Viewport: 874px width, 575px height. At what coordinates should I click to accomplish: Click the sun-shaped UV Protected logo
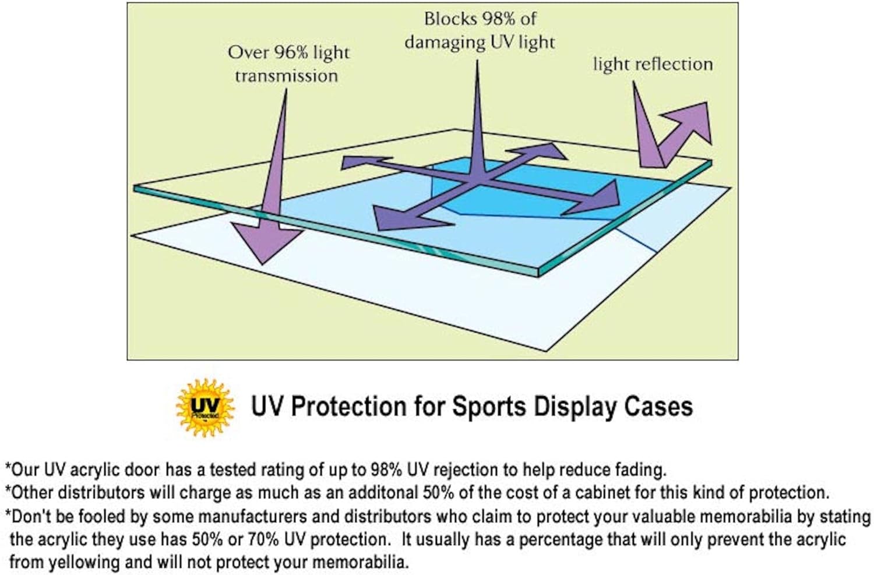point(205,407)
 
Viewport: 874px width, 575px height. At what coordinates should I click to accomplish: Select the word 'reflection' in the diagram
point(674,64)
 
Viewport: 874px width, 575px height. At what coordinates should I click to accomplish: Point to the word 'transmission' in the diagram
point(287,76)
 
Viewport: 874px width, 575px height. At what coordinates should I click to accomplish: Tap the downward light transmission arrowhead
point(265,242)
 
